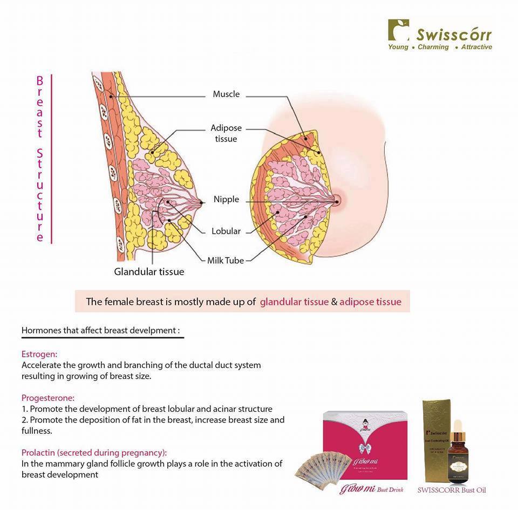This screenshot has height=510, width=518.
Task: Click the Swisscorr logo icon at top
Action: [398, 30]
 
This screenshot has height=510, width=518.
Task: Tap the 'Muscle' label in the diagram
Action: [226, 94]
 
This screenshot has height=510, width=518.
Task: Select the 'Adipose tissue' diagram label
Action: [226, 133]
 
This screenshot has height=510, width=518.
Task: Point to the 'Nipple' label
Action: [226, 199]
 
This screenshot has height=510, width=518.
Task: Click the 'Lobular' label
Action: [226, 231]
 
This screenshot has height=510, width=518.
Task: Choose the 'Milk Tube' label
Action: [226, 260]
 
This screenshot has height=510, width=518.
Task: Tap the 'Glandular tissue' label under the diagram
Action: [149, 271]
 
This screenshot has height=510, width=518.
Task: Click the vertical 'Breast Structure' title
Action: [40, 159]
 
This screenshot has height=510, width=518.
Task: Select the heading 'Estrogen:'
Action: [39, 354]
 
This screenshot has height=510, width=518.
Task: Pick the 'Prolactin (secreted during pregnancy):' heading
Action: [94, 452]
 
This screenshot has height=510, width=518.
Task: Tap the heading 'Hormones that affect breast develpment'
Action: [100, 330]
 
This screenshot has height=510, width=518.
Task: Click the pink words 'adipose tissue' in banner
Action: [370, 302]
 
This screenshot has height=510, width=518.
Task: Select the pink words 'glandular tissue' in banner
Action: [294, 302]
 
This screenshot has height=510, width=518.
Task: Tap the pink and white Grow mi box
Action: [365, 443]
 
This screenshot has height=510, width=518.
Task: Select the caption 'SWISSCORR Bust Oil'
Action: [452, 491]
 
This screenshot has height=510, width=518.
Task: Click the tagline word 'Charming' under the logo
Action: [433, 47]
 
